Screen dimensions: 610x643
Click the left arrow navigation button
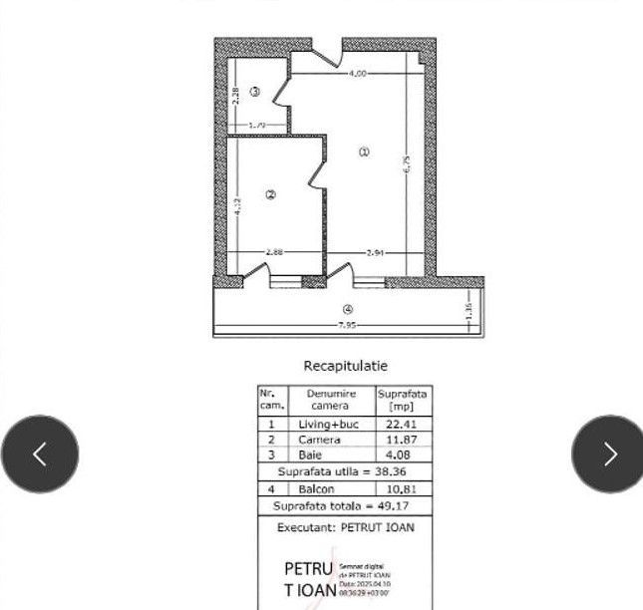(x=40, y=454)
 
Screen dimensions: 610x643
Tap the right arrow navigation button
(x=608, y=454)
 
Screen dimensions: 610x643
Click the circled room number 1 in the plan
(x=364, y=152)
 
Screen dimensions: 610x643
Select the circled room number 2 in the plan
(x=270, y=194)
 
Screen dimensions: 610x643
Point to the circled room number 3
(x=255, y=92)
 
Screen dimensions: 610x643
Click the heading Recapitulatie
(x=345, y=367)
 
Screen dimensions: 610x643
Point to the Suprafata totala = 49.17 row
(x=345, y=506)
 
